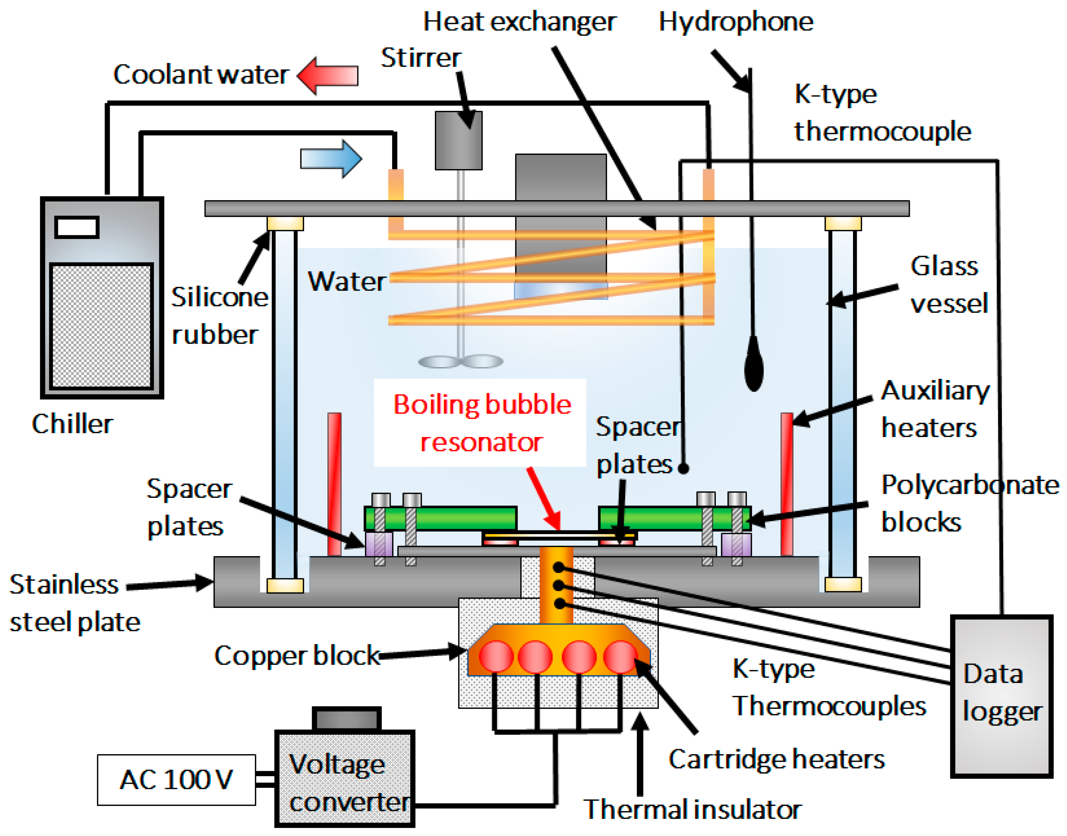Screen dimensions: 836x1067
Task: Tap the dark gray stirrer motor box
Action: coord(459,140)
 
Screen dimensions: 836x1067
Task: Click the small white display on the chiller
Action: coord(77,227)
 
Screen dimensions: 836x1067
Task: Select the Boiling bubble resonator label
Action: coord(481,423)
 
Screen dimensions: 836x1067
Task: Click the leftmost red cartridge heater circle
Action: coord(496,656)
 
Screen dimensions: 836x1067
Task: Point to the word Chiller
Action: coord(72,424)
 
